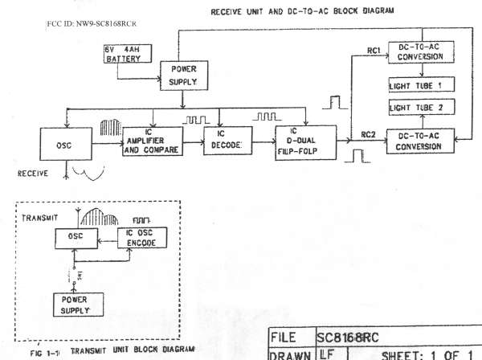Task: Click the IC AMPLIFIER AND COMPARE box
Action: tap(151, 141)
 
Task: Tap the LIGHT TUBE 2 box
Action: tap(417, 108)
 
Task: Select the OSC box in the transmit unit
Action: tap(77, 237)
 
